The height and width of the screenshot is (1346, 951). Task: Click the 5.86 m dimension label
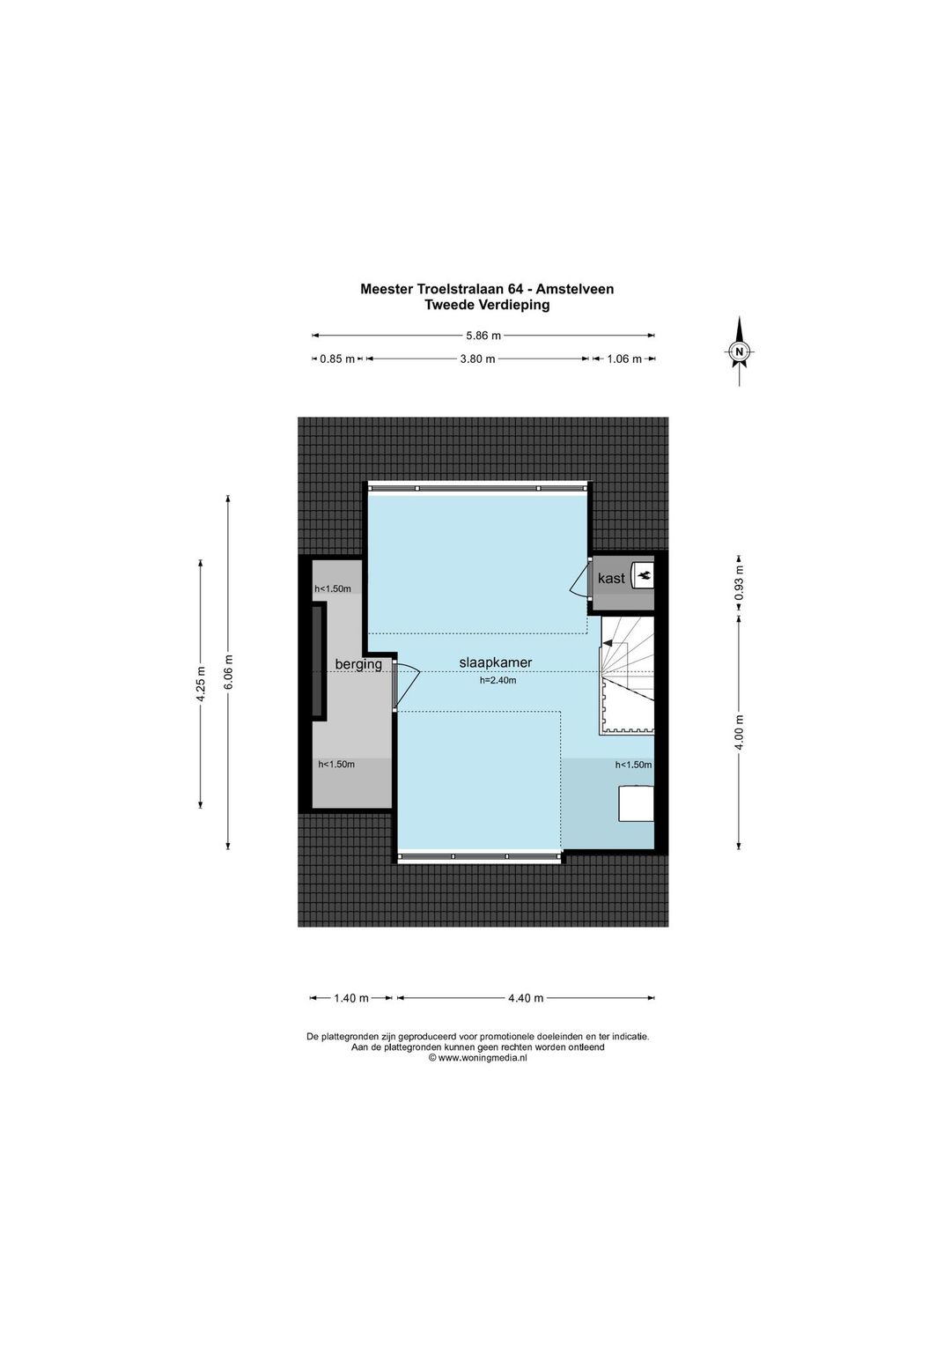tap(483, 336)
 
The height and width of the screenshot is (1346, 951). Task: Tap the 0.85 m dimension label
tap(337, 359)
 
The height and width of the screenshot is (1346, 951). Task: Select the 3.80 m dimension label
tap(477, 359)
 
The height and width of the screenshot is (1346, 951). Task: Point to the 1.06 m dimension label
tap(624, 359)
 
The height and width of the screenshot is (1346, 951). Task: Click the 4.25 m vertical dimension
tap(201, 684)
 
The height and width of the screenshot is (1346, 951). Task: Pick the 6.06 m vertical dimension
tap(228, 672)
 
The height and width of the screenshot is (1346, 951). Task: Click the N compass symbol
tap(740, 351)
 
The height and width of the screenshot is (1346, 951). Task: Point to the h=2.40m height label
tap(498, 681)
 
